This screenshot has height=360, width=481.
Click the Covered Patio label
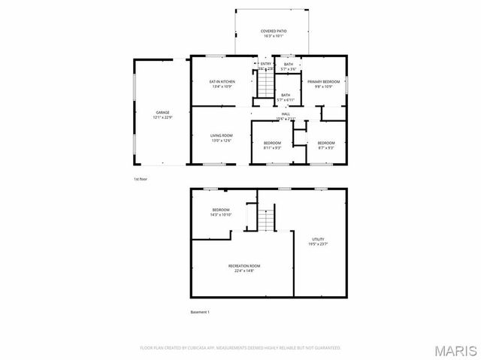[274, 33]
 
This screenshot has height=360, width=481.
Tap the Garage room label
[163, 115]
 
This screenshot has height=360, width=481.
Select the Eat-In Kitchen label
[222, 83]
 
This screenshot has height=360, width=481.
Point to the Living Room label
[221, 138]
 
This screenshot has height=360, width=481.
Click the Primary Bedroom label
[324, 83]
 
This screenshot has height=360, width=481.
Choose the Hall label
[286, 116]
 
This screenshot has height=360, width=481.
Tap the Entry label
[265, 65]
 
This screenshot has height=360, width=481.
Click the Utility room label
[318, 241]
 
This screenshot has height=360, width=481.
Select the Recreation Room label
[244, 268]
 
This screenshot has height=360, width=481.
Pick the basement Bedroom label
[220, 212]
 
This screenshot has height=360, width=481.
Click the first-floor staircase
[265, 85]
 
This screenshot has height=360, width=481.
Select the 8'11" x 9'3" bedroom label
[272, 145]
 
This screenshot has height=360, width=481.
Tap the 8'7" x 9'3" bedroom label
[325, 145]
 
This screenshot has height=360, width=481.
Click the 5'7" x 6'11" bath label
[286, 97]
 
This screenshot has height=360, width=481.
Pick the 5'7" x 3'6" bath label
[288, 66]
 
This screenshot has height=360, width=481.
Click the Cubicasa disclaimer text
[240, 348]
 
